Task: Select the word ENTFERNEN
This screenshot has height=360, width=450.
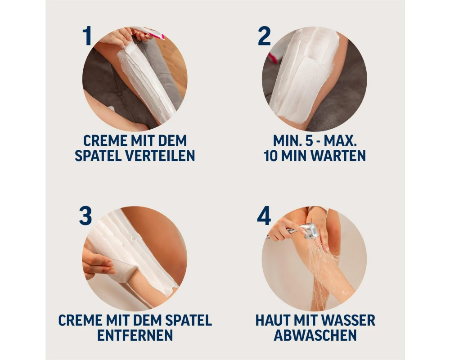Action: click(135, 335)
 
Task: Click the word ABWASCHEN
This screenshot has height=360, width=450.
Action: click(315, 335)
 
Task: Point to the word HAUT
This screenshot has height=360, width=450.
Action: click(271, 320)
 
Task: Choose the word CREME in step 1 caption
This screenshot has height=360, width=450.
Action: click(105, 141)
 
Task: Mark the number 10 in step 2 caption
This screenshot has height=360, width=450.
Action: click(270, 156)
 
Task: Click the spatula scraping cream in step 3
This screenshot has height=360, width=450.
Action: click(122, 270)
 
